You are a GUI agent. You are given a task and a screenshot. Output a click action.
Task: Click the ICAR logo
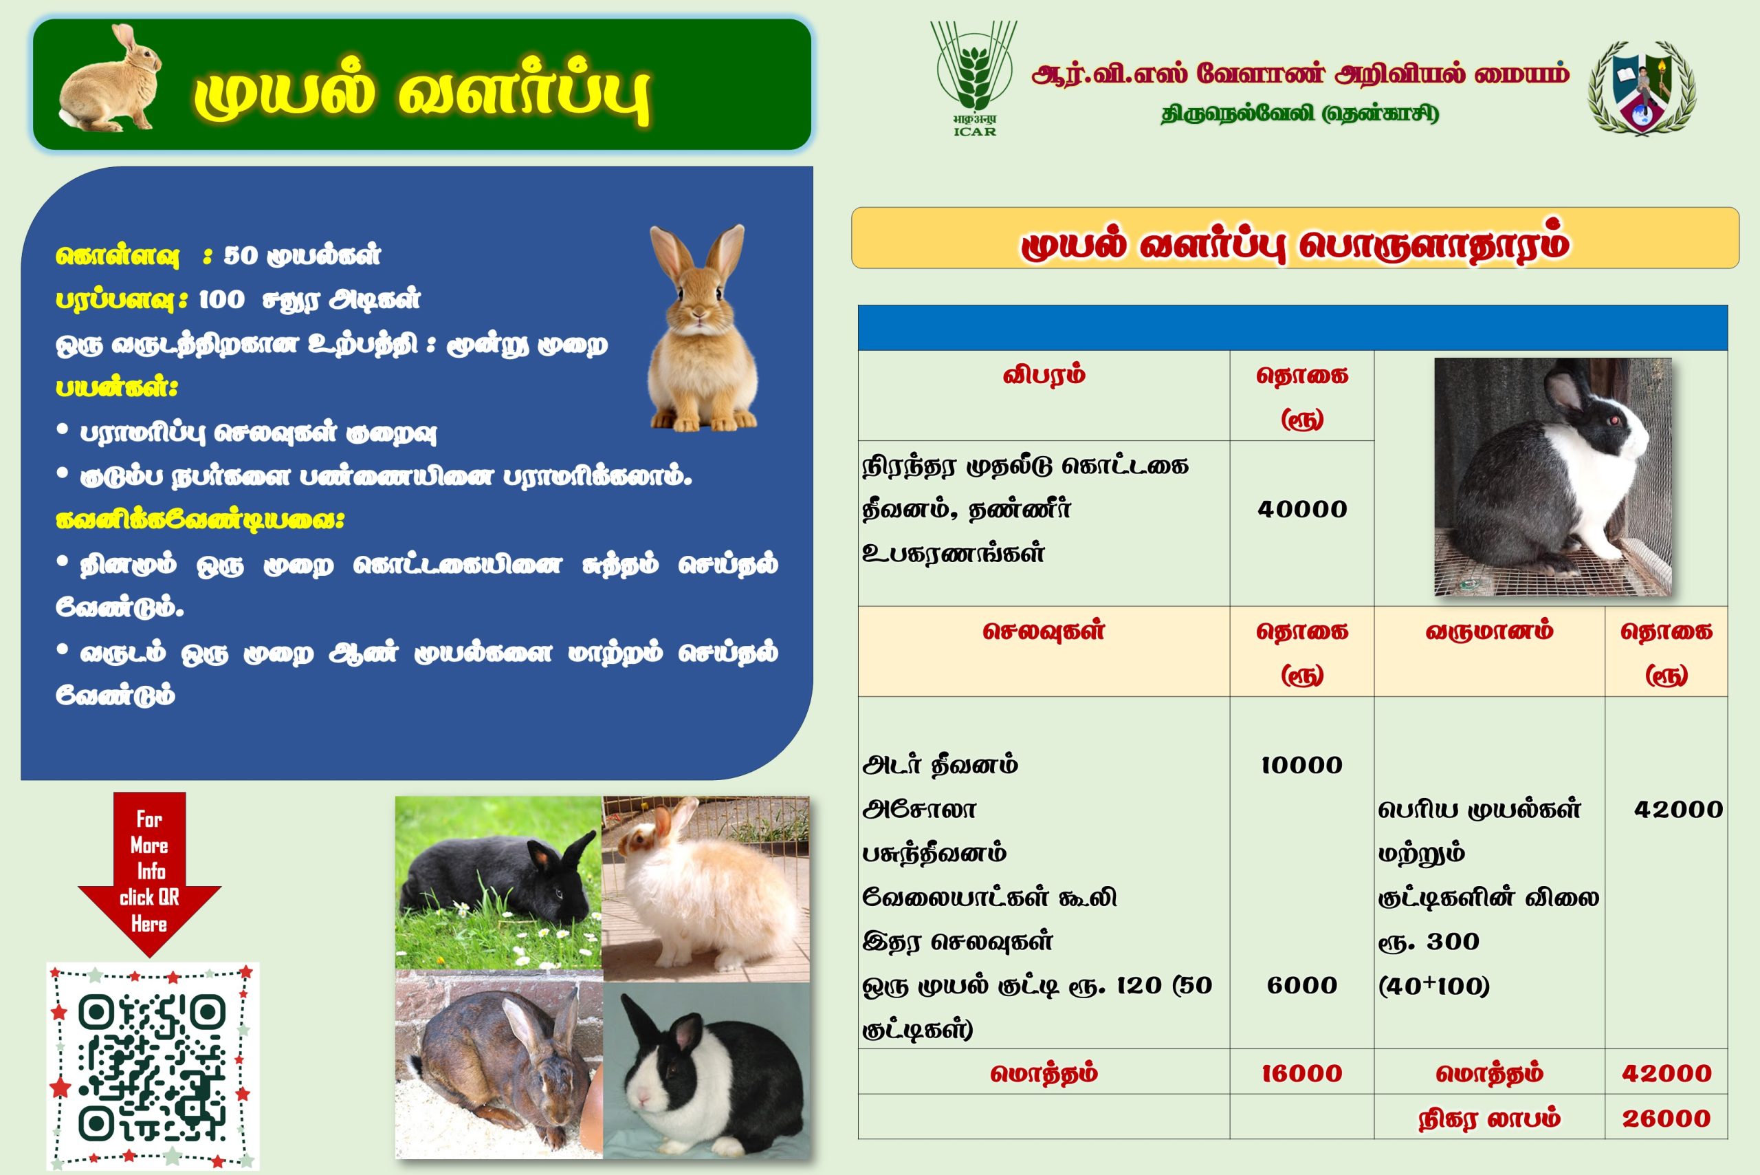(973, 78)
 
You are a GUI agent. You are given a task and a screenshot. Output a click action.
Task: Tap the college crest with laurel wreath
(1642, 87)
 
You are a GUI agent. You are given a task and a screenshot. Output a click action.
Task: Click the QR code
(153, 1066)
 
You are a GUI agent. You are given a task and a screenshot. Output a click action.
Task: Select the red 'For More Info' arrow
(149, 874)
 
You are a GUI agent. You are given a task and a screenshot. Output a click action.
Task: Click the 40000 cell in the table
(1301, 510)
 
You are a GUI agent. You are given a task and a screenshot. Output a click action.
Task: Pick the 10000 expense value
(1301, 765)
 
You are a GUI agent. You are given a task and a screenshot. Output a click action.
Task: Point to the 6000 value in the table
(1301, 985)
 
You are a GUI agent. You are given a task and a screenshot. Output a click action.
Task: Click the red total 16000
(1301, 1074)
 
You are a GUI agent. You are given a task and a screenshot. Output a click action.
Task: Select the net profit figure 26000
(1666, 1119)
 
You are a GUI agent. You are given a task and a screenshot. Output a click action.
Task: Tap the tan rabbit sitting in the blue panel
(702, 328)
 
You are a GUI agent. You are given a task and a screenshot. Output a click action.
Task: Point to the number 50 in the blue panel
(241, 255)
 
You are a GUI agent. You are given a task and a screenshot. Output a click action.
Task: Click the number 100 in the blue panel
(221, 300)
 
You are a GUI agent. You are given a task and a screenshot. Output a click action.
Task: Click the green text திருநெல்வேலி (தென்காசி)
(1299, 115)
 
